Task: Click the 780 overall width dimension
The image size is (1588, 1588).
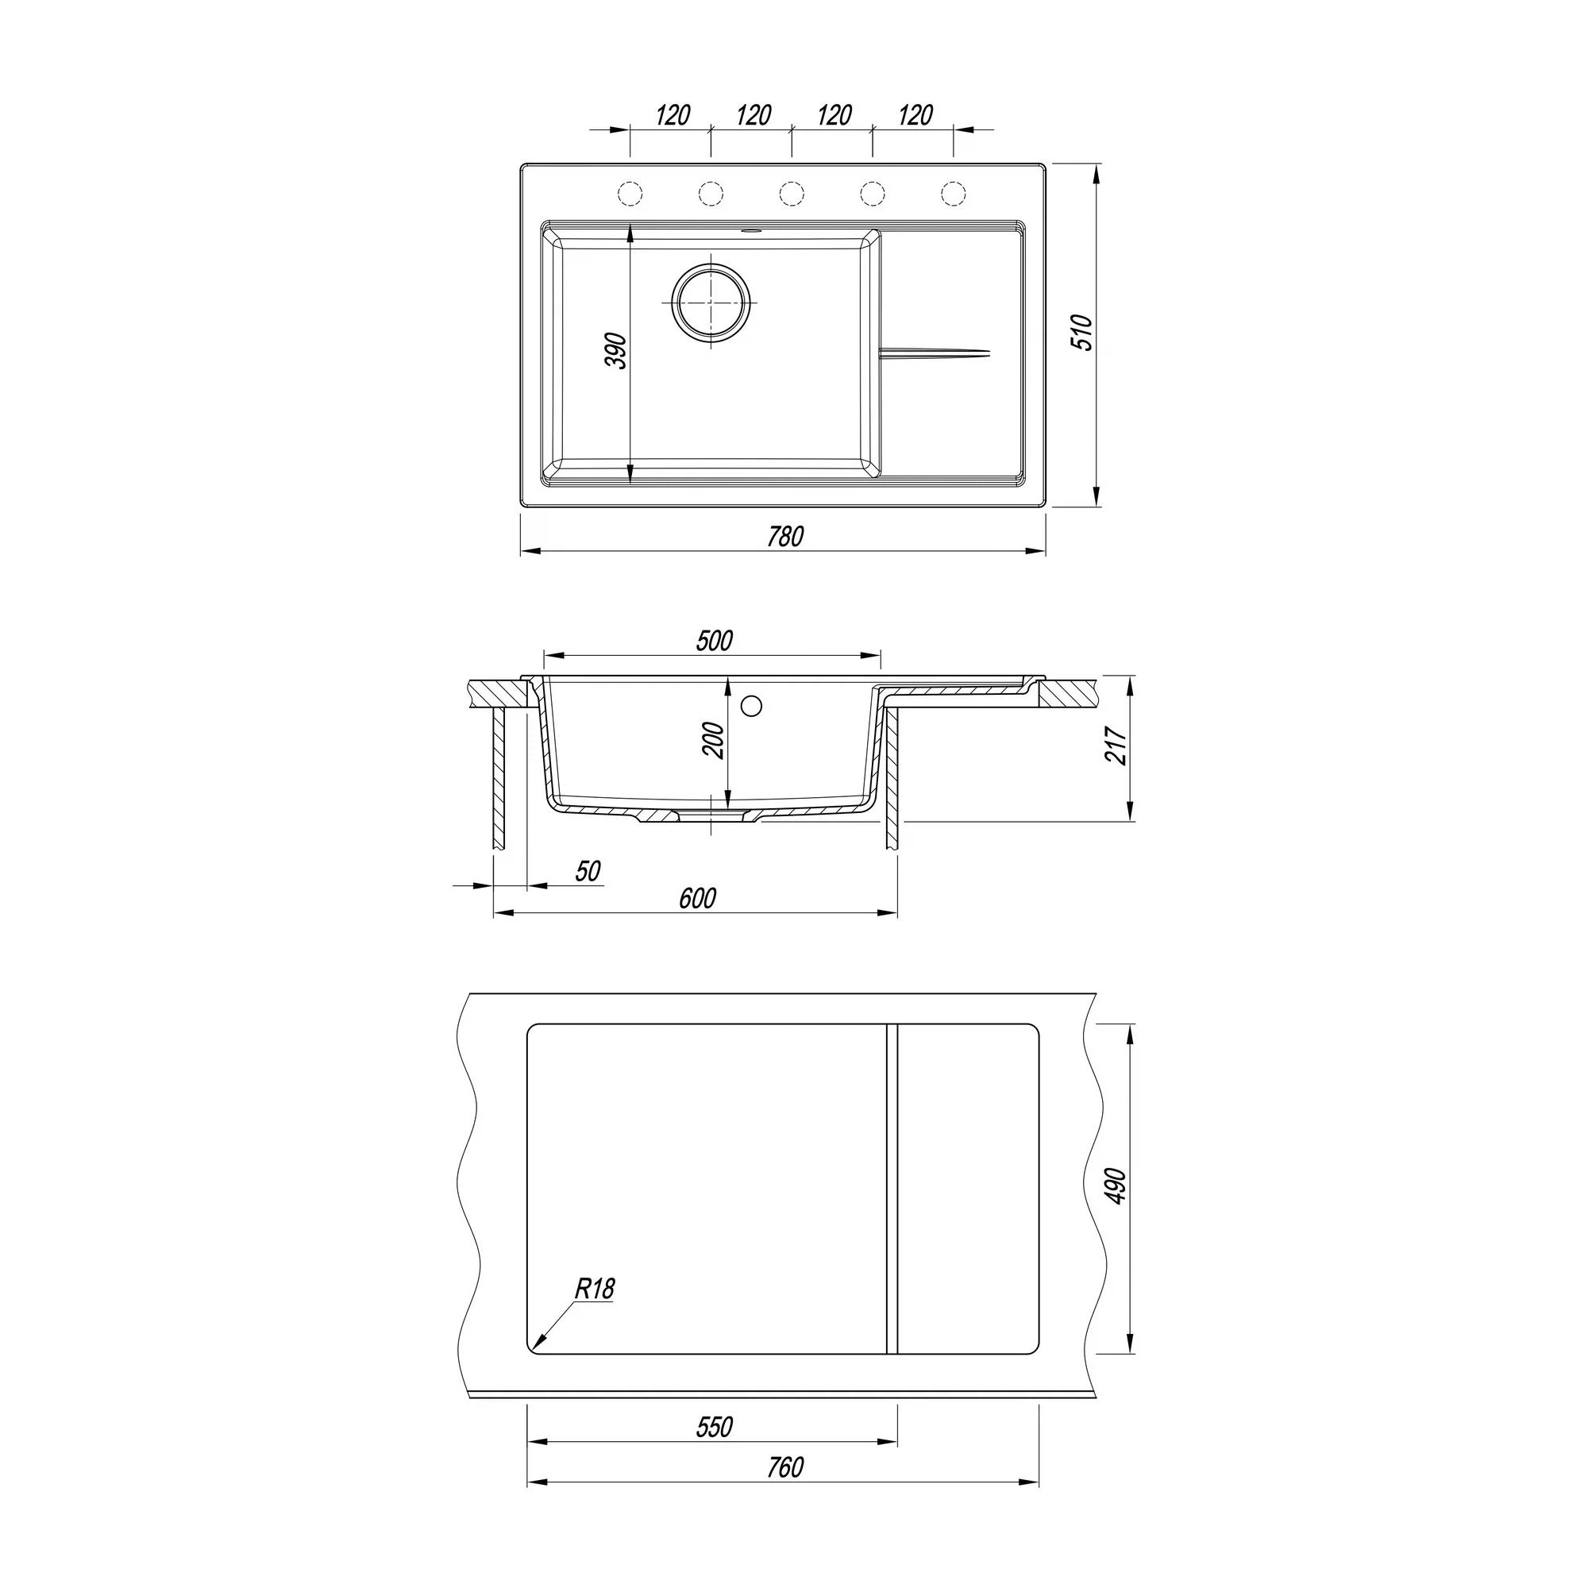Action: point(785,536)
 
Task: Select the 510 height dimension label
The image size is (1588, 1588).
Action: point(1083,332)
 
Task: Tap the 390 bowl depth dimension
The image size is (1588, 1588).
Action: point(617,351)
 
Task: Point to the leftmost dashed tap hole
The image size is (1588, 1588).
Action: point(630,194)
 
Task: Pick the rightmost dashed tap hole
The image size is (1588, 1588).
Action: point(954,194)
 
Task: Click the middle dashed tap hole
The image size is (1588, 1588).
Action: point(792,194)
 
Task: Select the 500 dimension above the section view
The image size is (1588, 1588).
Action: point(714,640)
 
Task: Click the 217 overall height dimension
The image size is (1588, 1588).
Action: point(1117,746)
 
